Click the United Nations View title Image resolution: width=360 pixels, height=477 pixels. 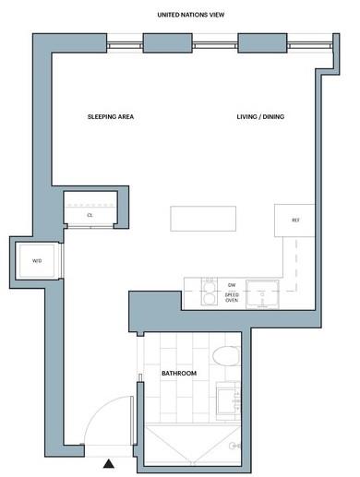[x=191, y=15]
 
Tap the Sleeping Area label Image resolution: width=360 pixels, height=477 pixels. [x=111, y=117]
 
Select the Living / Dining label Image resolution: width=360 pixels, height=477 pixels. [x=260, y=117]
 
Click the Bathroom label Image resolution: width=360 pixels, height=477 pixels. [x=179, y=374]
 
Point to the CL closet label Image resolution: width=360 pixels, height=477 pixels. [x=90, y=215]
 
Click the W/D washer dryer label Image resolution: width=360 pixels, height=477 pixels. [x=37, y=261]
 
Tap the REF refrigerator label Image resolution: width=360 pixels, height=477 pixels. [x=295, y=221]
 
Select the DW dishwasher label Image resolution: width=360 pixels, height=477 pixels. [x=232, y=285]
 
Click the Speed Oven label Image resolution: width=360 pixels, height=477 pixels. [x=232, y=297]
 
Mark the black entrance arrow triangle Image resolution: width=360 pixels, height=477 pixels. [x=109, y=463]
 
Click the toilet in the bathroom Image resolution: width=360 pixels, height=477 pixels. [x=226, y=356]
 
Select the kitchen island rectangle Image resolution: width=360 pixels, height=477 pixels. [x=203, y=219]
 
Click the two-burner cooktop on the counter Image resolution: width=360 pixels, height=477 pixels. [x=210, y=292]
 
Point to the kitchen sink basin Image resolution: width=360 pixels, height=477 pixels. [x=262, y=293]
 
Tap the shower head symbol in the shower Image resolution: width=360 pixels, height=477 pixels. [x=234, y=446]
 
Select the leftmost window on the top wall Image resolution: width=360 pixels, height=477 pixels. [x=125, y=46]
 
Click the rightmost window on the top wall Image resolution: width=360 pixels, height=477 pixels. [x=310, y=46]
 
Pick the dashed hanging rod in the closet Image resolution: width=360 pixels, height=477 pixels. [x=90, y=205]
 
